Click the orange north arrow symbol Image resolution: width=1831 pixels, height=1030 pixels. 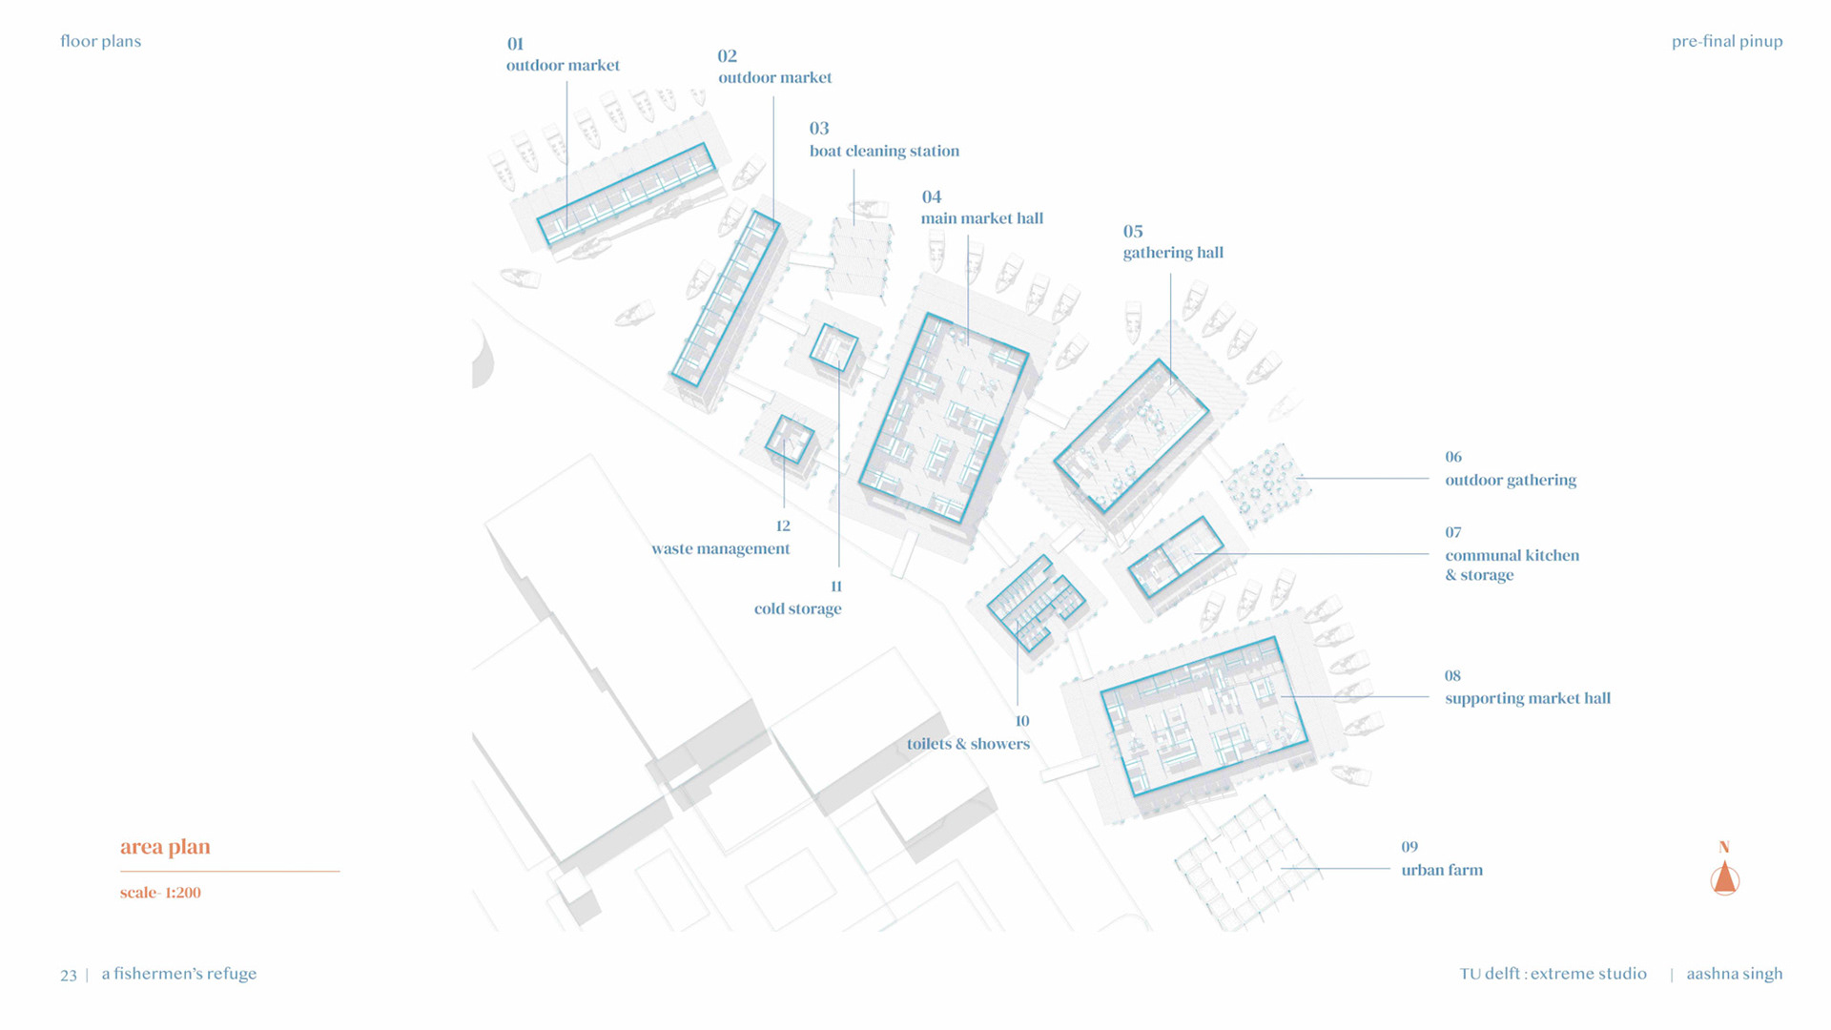click(x=1724, y=877)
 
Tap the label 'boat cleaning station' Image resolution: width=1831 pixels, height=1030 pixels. click(x=884, y=151)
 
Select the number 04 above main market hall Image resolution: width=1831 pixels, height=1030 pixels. click(x=931, y=196)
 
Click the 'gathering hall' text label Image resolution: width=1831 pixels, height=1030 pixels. click(x=1172, y=253)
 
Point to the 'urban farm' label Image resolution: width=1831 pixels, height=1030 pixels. click(x=1441, y=870)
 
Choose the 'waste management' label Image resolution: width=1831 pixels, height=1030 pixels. click(x=720, y=548)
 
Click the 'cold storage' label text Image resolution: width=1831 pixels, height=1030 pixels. click(x=797, y=608)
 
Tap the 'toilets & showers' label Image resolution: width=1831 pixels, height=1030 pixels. click(x=968, y=744)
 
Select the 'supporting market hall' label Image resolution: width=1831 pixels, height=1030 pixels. click(x=1527, y=698)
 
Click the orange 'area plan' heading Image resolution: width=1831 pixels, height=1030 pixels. click(x=165, y=847)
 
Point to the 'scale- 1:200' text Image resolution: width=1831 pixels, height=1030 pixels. click(x=160, y=893)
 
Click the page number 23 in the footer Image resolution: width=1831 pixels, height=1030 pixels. click(x=69, y=975)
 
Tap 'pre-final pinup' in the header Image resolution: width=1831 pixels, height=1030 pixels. click(x=1726, y=41)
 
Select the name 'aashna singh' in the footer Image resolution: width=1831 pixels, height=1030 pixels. click(x=1734, y=974)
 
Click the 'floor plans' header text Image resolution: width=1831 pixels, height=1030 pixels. click(x=100, y=41)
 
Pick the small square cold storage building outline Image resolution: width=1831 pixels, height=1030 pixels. click(x=833, y=347)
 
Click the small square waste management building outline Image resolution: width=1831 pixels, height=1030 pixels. click(x=790, y=440)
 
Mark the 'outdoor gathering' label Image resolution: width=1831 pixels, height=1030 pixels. click(x=1510, y=480)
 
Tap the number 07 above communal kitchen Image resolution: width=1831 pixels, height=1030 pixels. click(x=1452, y=532)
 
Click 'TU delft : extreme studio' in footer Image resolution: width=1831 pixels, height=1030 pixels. click(x=1553, y=974)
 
